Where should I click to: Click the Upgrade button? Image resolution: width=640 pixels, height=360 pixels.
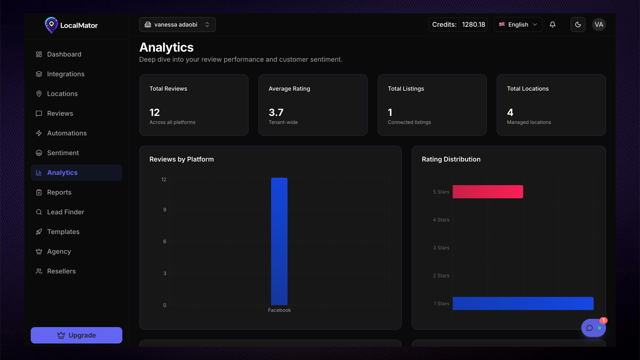(x=76, y=335)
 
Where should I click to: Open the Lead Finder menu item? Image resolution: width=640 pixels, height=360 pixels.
(x=65, y=212)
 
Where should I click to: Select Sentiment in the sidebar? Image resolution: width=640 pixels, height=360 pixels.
(x=63, y=153)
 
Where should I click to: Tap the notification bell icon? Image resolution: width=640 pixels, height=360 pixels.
(x=553, y=25)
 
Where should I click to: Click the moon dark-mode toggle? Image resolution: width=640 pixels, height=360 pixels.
(x=578, y=25)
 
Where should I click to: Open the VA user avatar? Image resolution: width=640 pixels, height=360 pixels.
(x=599, y=25)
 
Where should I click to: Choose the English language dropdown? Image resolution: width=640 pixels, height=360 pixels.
(x=518, y=25)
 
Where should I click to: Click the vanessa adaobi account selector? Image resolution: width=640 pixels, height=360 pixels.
(x=177, y=25)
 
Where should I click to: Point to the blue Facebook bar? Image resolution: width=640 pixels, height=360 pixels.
(x=279, y=241)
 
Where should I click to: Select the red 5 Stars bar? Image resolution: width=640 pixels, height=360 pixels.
(x=488, y=192)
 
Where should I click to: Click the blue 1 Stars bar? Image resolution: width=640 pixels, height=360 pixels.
(x=523, y=303)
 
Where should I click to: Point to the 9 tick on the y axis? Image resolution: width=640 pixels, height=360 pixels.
(x=165, y=209)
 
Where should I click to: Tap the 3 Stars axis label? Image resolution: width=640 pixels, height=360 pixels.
(x=441, y=248)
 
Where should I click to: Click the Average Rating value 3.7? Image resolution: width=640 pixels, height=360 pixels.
(x=276, y=113)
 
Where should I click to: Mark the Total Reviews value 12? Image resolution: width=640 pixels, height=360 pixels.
(x=154, y=113)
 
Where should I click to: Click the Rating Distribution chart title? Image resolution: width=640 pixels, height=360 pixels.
(x=451, y=159)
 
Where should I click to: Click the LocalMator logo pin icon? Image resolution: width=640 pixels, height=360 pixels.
(x=51, y=25)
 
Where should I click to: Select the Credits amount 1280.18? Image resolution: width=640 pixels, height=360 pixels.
(x=474, y=25)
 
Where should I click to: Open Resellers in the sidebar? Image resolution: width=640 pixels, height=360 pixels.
(x=61, y=271)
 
